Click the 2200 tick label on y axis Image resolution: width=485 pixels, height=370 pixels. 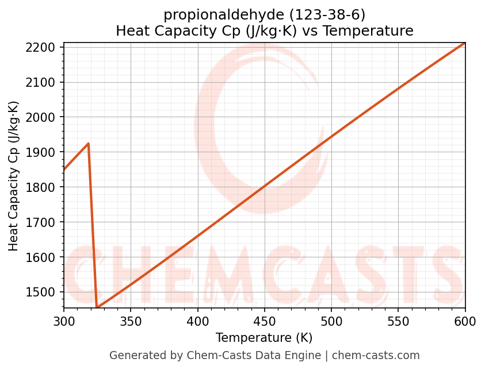pyautogui.click(x=44, y=47)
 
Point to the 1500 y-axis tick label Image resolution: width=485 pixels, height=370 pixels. pyautogui.click(x=44, y=292)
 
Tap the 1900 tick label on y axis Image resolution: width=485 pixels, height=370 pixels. pyautogui.click(x=44, y=152)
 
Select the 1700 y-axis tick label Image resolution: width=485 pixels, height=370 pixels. pyautogui.click(x=44, y=222)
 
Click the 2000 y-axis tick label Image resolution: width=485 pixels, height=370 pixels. pyautogui.click(x=44, y=117)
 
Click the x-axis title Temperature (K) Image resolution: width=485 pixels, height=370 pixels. pyautogui.click(x=264, y=338)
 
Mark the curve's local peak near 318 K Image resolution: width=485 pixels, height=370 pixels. pyautogui.click(x=89, y=144)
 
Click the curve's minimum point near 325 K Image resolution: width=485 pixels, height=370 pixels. pyautogui.click(x=97, y=307)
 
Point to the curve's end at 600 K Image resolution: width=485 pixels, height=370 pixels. pyautogui.click(x=464, y=43)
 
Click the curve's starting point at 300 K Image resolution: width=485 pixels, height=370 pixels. pyautogui.click(x=64, y=169)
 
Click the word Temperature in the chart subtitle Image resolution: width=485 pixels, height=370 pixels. pyautogui.click(x=376, y=31)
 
